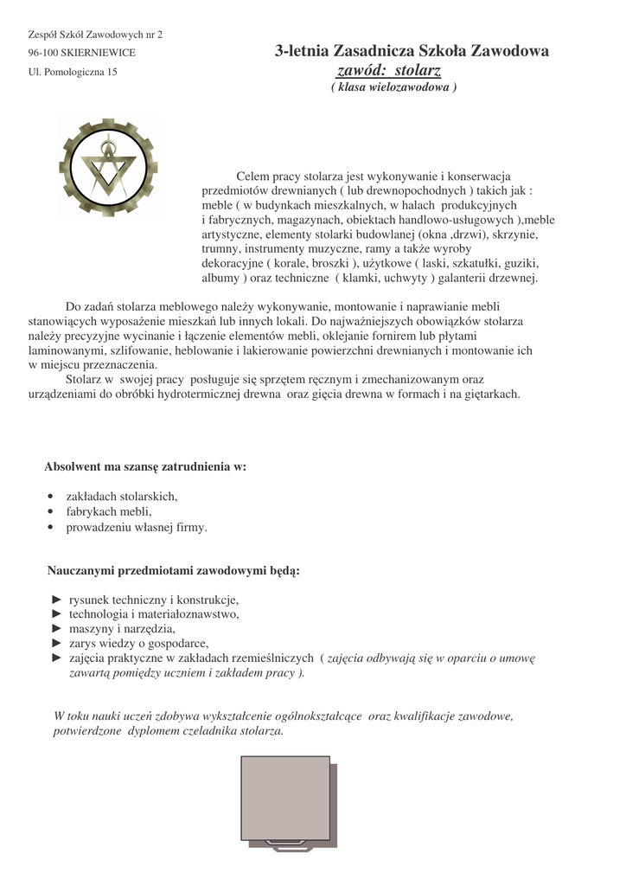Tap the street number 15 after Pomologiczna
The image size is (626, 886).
pyautogui.click(x=112, y=72)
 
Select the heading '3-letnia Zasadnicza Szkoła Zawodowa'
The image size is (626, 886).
pyautogui.click(x=412, y=52)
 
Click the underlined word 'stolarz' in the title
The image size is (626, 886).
pyautogui.click(x=411, y=70)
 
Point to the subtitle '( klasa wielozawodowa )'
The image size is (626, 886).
pyautogui.click(x=393, y=87)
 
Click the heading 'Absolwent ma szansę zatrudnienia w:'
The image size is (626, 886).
pyautogui.click(x=145, y=466)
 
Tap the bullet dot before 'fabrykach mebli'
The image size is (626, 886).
pyautogui.click(x=52, y=511)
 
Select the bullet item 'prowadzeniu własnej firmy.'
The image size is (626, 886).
pyautogui.click(x=137, y=526)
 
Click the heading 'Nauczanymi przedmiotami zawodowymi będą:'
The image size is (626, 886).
pyautogui.click(x=173, y=571)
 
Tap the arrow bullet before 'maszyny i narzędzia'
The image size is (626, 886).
pyautogui.click(x=57, y=629)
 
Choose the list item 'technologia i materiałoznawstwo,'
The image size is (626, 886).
pyautogui.click(x=153, y=614)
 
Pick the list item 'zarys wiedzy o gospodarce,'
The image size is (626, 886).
pyautogui.click(x=138, y=644)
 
